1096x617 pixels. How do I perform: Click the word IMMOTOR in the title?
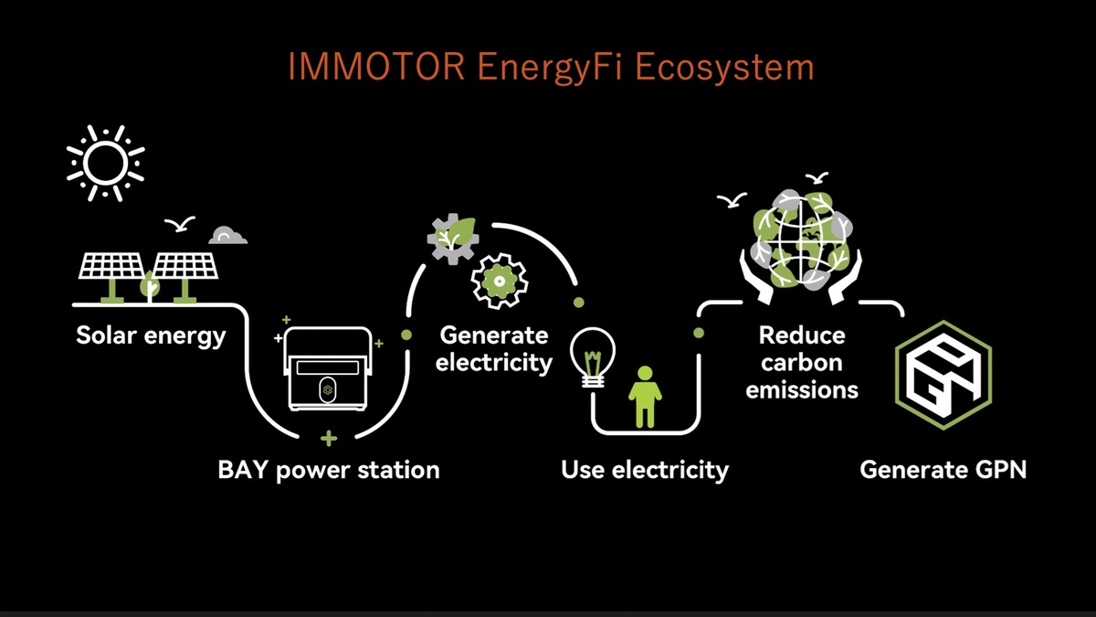(375, 67)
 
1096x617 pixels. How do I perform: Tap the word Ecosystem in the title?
(724, 68)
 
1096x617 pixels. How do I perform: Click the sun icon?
(106, 163)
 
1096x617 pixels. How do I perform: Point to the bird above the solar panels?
(180, 224)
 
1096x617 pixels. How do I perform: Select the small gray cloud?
(228, 236)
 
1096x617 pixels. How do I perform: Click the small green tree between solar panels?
(150, 286)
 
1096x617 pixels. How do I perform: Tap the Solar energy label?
(151, 336)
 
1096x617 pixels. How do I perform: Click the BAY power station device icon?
(328, 368)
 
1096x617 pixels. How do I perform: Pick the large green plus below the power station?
(329, 438)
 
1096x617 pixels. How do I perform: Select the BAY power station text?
(329, 470)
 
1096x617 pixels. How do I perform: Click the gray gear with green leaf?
(453, 239)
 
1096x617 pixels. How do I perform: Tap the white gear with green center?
(499, 282)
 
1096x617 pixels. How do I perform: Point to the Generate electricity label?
(494, 349)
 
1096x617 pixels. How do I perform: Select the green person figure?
(645, 397)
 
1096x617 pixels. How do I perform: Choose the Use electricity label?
(645, 470)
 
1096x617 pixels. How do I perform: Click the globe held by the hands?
(802, 239)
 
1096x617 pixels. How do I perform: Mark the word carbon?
(802, 363)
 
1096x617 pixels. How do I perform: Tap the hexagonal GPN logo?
(943, 375)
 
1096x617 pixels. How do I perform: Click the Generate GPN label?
(943, 470)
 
